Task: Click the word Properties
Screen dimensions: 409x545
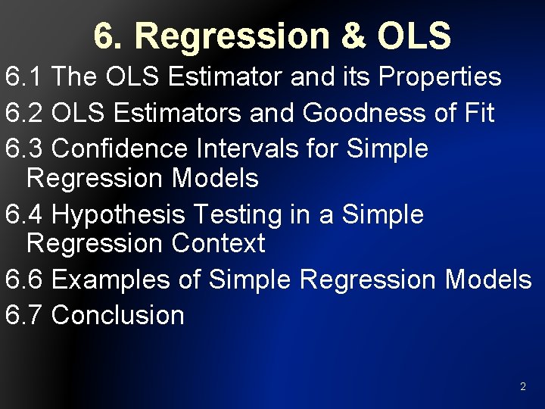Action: point(440,76)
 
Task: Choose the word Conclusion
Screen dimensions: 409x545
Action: point(118,314)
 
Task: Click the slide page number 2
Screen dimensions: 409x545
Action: point(522,387)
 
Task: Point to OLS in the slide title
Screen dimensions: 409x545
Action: point(414,36)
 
